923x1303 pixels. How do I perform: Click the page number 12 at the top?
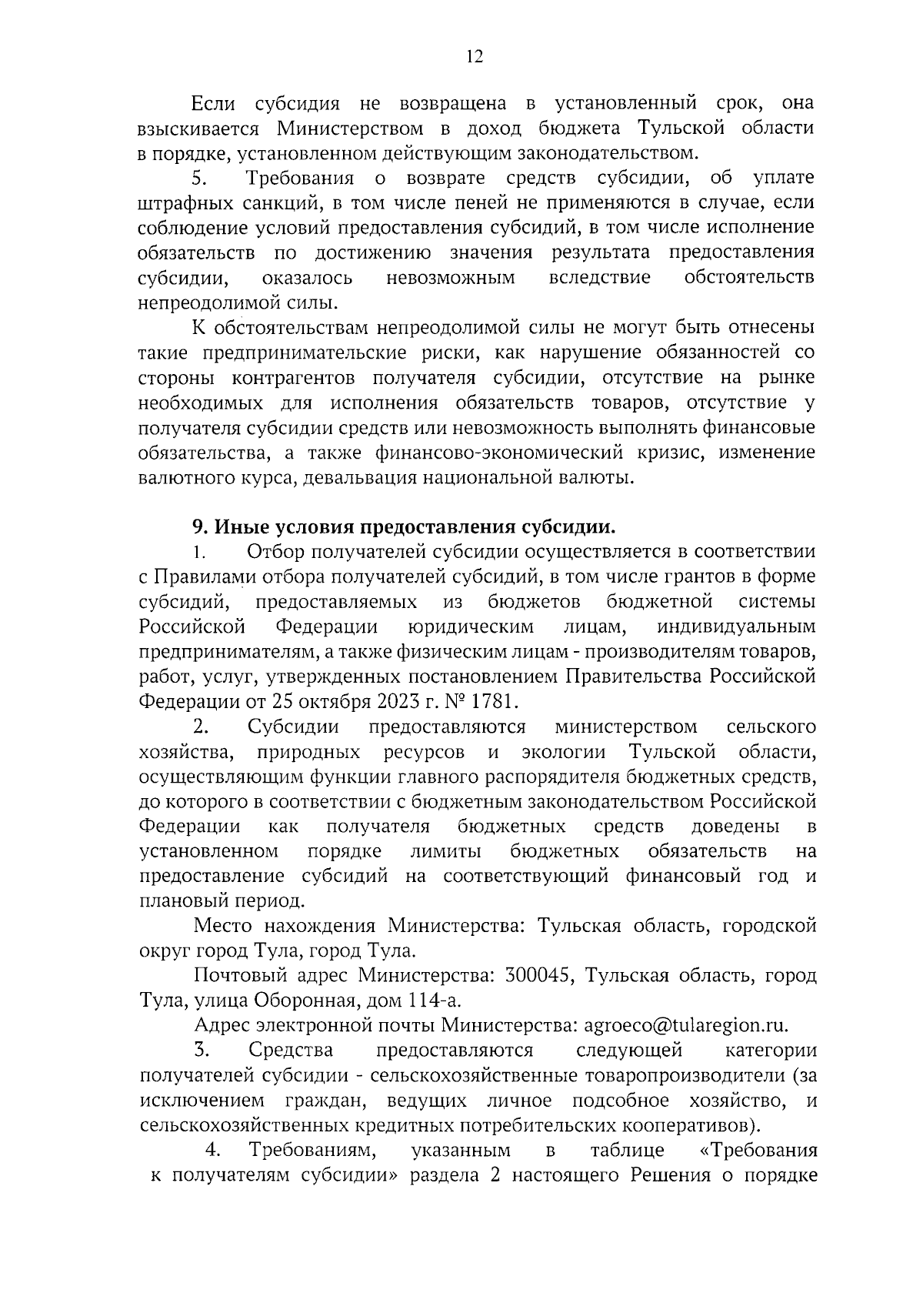click(474, 57)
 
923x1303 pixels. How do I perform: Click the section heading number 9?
click(198, 527)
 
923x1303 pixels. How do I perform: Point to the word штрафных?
click(175, 203)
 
